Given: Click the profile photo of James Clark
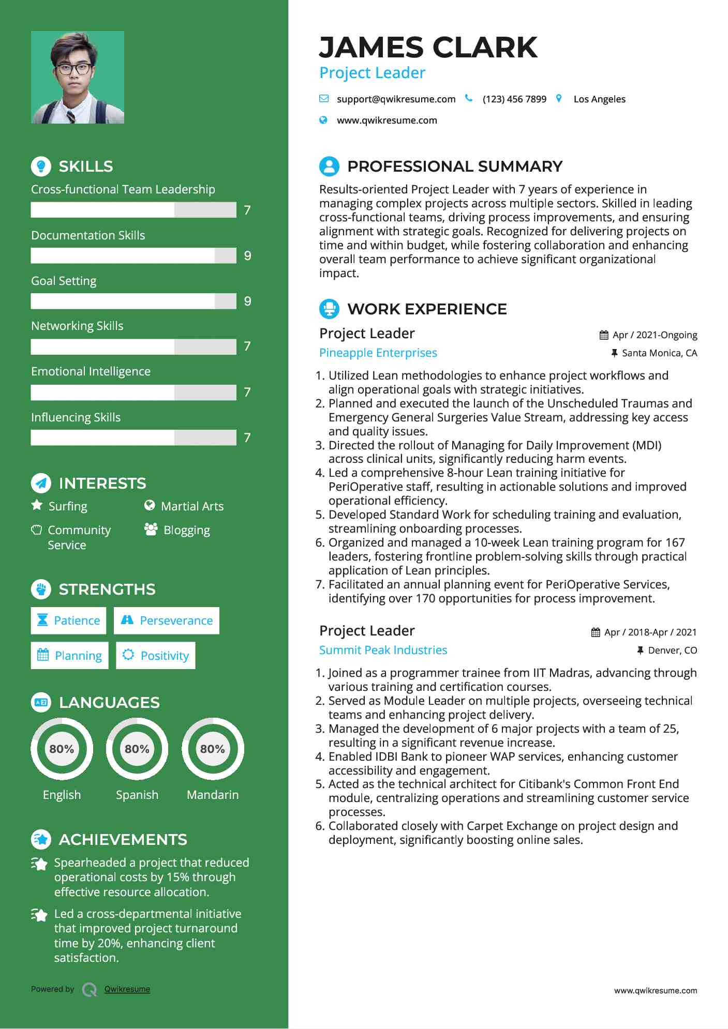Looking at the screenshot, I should click(78, 78).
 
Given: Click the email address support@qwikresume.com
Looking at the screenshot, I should click(396, 99).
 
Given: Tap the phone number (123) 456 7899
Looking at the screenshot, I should click(514, 99).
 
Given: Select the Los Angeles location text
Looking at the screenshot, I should click(599, 99).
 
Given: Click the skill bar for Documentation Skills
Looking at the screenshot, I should click(133, 255).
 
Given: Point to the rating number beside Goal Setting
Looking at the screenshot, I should click(247, 301).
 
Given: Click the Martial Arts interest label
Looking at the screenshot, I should click(192, 506).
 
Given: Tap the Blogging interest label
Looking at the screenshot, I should click(186, 531).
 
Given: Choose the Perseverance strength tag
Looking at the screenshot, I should click(167, 621).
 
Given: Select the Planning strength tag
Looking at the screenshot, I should click(70, 656).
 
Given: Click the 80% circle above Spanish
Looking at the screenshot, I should click(137, 749).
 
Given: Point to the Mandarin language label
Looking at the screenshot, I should click(213, 795).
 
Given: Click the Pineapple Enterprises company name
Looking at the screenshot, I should click(378, 353).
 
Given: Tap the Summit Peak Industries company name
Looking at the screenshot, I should click(383, 650).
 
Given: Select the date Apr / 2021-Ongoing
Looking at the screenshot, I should click(654, 335).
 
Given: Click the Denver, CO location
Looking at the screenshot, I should click(672, 650).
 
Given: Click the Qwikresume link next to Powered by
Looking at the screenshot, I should click(127, 989).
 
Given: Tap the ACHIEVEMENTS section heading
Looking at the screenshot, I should click(123, 839).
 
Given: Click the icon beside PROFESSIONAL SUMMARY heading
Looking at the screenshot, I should click(329, 167).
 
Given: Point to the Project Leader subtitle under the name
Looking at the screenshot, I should click(372, 73).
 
